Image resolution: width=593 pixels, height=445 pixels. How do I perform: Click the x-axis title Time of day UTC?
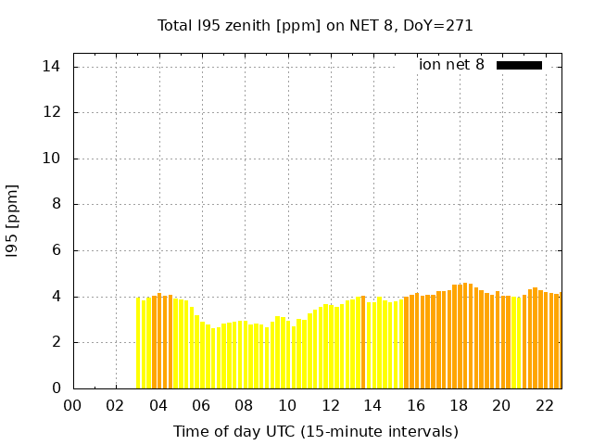(316, 431)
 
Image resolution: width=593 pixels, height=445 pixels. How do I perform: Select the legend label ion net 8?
(451, 65)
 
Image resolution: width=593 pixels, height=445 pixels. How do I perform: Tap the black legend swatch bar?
(519, 65)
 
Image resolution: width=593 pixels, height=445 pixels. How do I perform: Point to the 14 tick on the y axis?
(52, 67)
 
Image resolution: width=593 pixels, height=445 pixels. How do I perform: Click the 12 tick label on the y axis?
(52, 112)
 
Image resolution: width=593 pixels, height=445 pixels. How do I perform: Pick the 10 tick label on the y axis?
(52, 159)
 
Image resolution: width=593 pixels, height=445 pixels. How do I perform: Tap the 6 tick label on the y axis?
(56, 250)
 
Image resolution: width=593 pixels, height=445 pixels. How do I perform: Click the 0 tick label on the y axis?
(56, 388)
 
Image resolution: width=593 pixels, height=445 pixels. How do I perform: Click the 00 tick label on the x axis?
(72, 405)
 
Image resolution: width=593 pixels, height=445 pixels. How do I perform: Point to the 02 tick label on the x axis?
(116, 405)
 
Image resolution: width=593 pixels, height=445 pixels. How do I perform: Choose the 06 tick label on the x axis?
(201, 405)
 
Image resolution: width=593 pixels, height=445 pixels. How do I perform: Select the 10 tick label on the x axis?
(287, 405)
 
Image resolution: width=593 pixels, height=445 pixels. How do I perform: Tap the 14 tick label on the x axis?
(372, 405)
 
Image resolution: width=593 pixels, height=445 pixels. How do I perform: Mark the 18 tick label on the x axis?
(459, 405)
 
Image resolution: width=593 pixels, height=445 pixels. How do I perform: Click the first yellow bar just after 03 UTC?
(138, 343)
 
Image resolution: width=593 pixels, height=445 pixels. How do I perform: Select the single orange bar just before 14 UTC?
(363, 342)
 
